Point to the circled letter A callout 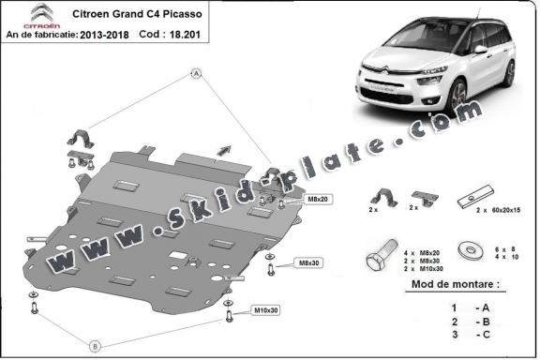point(197,73)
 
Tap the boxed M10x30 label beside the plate point(267,309)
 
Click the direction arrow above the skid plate point(225,146)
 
